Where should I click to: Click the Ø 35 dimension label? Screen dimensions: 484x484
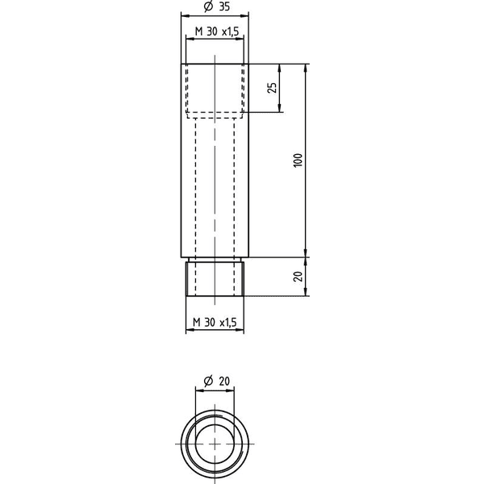pos(217,6)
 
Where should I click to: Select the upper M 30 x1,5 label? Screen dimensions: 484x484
pos(217,31)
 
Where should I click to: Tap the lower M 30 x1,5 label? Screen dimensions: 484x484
pos(215,322)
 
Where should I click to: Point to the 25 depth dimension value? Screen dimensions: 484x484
pos(272,88)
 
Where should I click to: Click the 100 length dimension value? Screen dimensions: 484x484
pos(298,161)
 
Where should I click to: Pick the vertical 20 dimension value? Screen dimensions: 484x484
pos(298,276)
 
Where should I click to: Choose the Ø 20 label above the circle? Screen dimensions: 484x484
pos(217,382)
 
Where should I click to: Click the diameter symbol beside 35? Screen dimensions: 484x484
pos(209,6)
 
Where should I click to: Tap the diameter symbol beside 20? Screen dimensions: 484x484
pos(209,382)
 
